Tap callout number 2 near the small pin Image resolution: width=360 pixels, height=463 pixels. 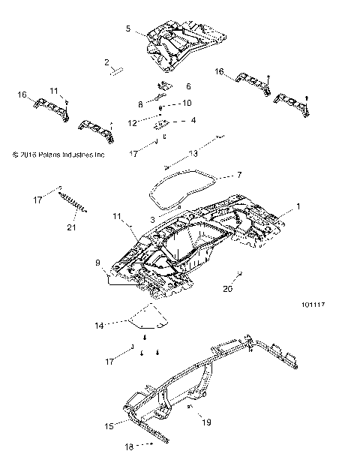pyautogui.click(x=107, y=62)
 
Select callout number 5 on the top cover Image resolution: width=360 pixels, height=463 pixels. pyautogui.click(x=128, y=29)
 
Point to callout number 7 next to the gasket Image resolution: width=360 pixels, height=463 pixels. pyautogui.click(x=218, y=176)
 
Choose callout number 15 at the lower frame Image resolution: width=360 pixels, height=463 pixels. pyautogui.click(x=109, y=425)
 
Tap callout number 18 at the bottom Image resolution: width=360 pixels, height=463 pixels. pyautogui.click(x=127, y=445)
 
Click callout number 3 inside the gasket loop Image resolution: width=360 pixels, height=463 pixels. pyautogui.click(x=152, y=219)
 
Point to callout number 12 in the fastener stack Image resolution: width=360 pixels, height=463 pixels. pyautogui.click(x=132, y=122)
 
